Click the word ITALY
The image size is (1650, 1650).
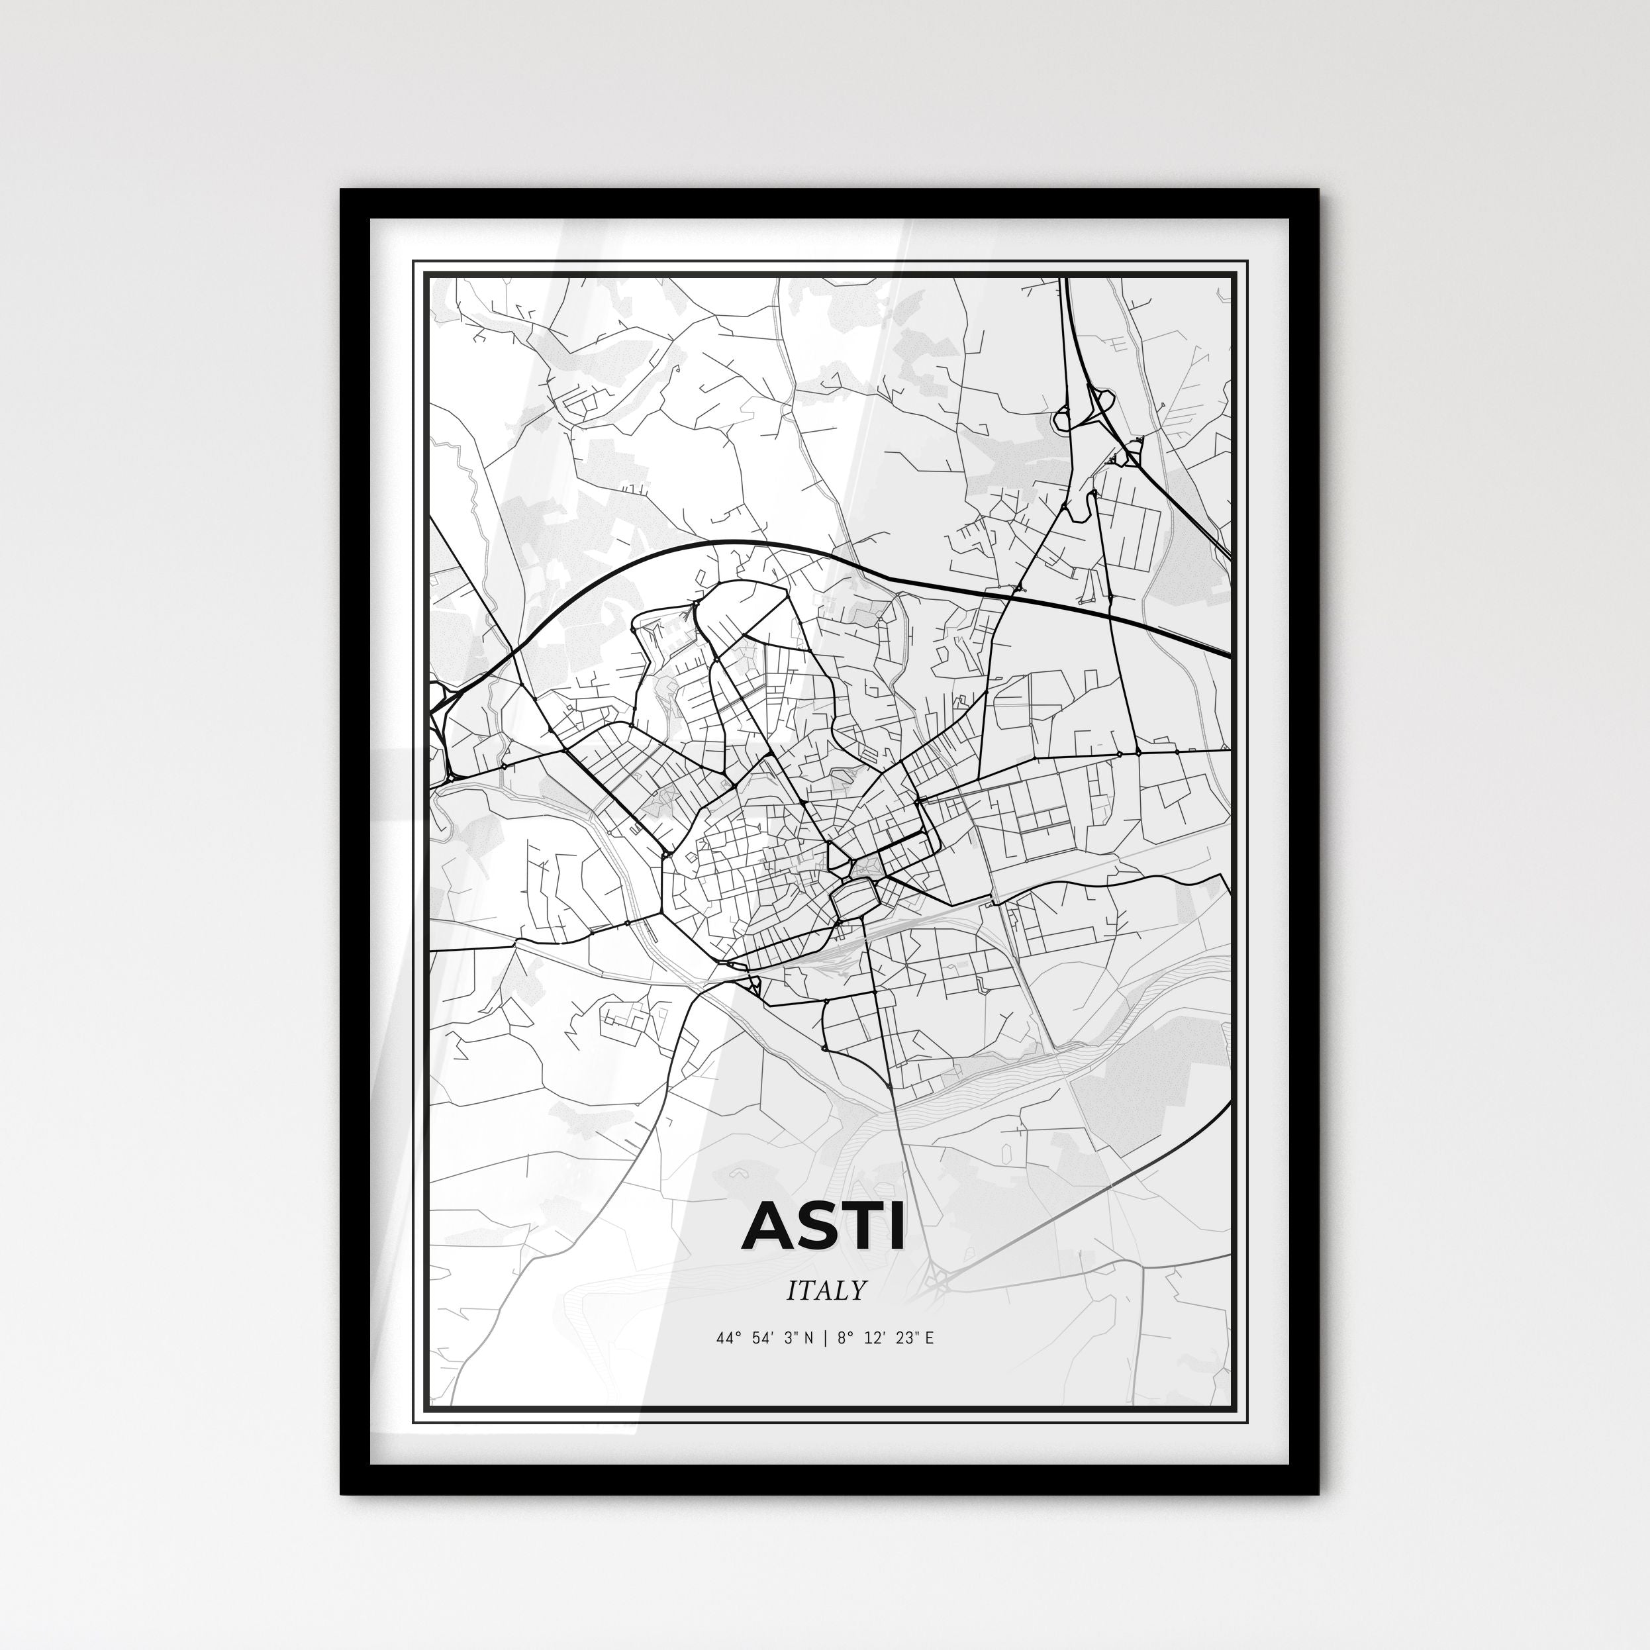pos(826,1290)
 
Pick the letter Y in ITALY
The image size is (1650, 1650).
pos(857,1290)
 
